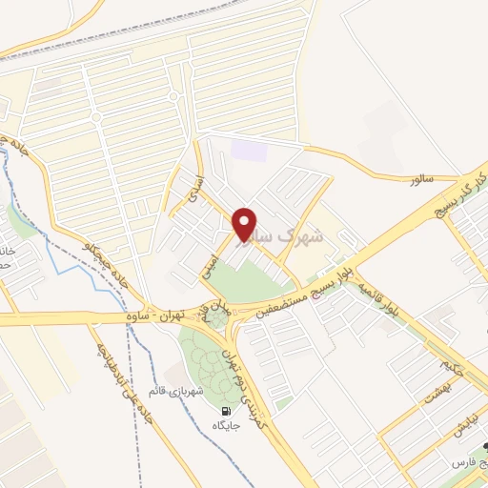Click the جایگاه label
226,426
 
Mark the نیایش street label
464,429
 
